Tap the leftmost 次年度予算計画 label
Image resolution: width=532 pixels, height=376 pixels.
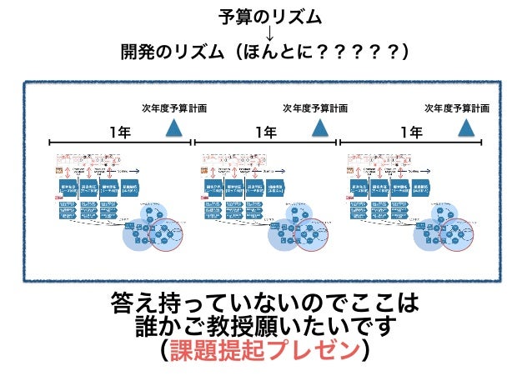pyautogui.click(x=174, y=108)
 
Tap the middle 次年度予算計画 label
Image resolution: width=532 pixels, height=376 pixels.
pyautogui.click(x=315, y=108)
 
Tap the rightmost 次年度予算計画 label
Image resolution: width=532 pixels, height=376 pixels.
pyautogui.click(x=457, y=108)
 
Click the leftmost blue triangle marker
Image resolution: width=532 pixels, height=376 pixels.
pyautogui.click(x=174, y=127)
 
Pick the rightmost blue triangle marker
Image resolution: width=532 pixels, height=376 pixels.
pyautogui.click(x=465, y=127)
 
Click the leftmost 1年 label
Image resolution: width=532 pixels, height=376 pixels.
pyautogui.click(x=119, y=131)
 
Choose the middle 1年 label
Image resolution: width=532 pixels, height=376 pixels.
pyautogui.click(x=266, y=131)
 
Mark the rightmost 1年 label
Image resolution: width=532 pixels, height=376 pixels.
pyautogui.click(x=411, y=131)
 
